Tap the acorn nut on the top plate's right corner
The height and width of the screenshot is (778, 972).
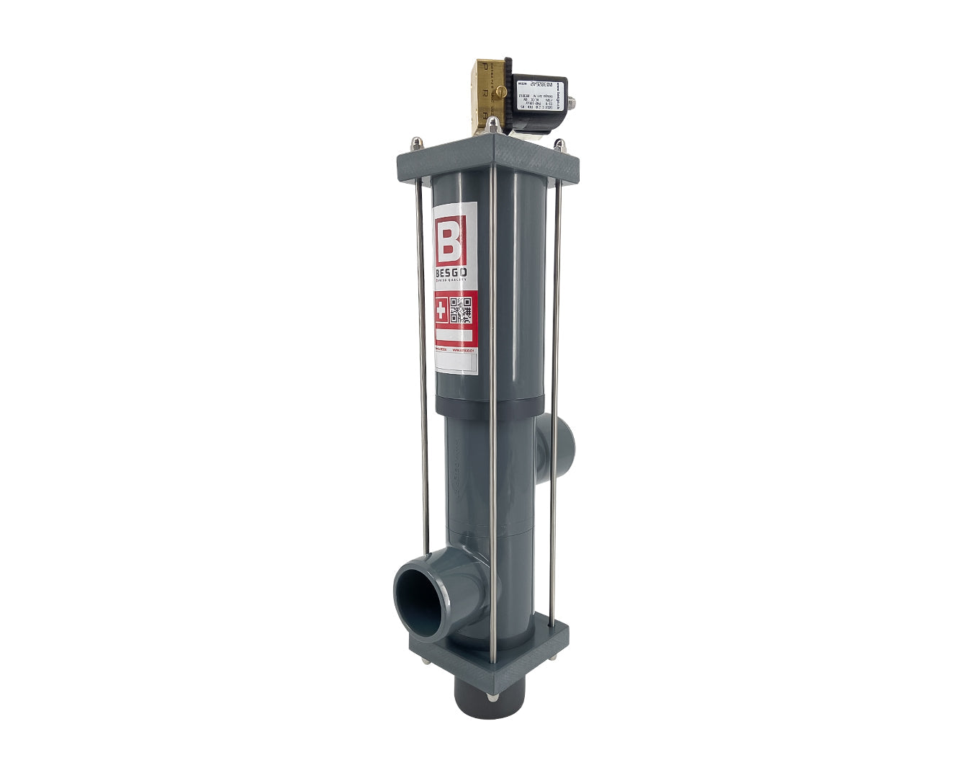click(x=556, y=144)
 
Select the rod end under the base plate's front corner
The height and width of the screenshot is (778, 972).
click(x=491, y=697)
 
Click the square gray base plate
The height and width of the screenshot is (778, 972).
click(x=490, y=659)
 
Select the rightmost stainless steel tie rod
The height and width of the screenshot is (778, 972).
click(x=555, y=396)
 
